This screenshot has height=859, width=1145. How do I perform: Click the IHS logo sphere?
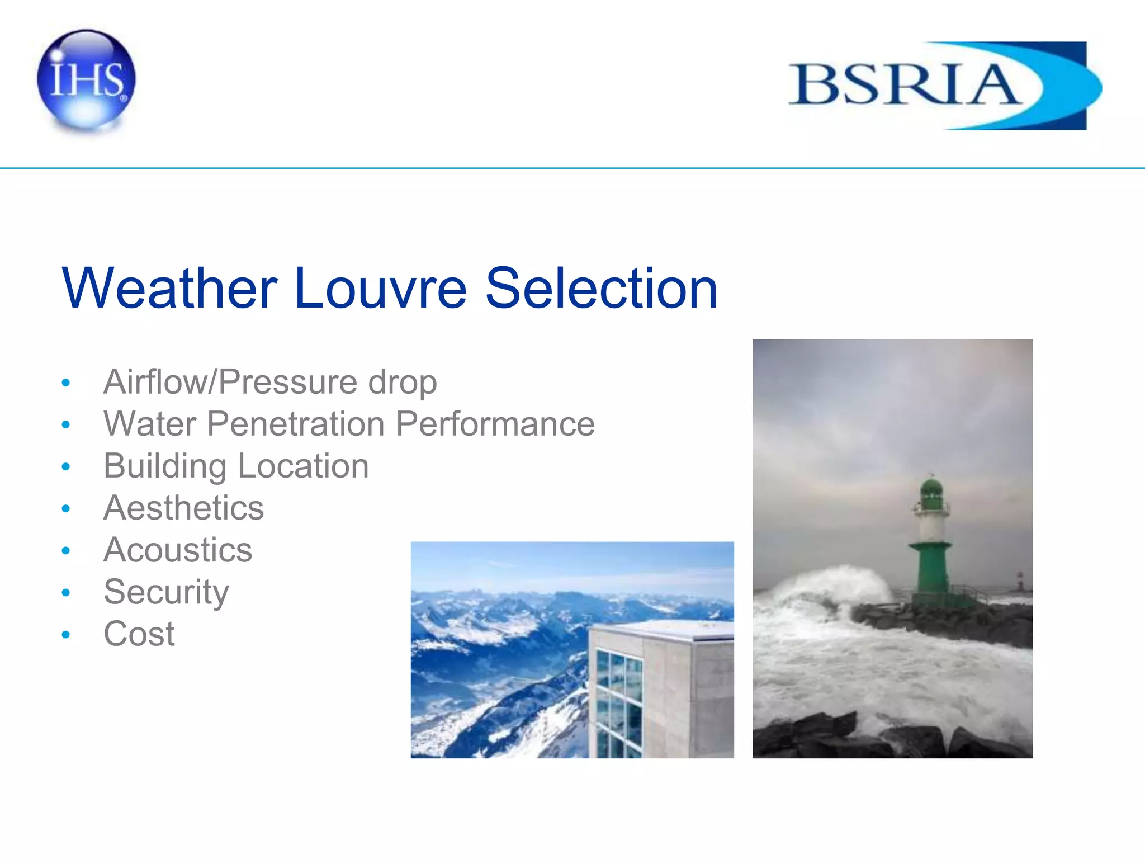tap(86, 79)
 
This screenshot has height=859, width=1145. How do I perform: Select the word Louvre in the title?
tap(380, 289)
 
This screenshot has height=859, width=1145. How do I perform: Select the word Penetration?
tap(296, 424)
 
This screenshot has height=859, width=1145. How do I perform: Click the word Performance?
tap(495, 424)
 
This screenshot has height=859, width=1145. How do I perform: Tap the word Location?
tap(303, 466)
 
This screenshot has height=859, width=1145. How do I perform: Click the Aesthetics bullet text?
tap(183, 508)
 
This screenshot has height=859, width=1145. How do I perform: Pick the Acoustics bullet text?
tap(178, 550)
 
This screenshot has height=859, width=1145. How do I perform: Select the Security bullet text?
tap(166, 592)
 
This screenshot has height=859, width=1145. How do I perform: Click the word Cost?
tap(139, 634)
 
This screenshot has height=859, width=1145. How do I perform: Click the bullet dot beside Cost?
tap(66, 635)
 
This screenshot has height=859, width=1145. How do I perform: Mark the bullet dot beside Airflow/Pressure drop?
tap(66, 383)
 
